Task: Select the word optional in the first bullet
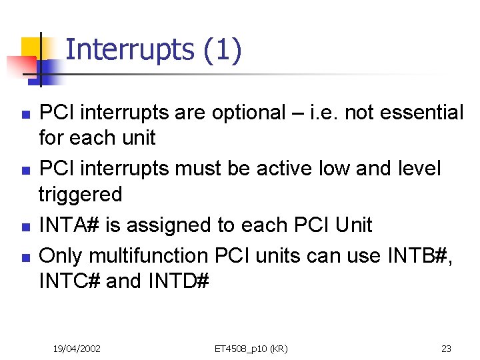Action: pyautogui.click(x=248, y=113)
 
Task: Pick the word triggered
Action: pyautogui.click(x=81, y=195)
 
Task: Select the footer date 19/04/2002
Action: pyautogui.click(x=77, y=348)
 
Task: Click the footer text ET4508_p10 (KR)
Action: pyautogui.click(x=251, y=348)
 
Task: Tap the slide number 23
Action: pyautogui.click(x=446, y=348)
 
